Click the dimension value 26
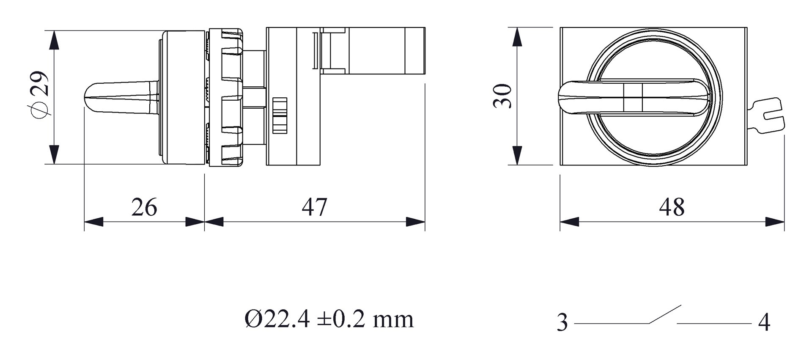(144, 207)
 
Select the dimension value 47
(314, 207)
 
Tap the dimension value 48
(672, 207)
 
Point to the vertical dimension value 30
(503, 96)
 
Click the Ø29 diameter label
(41, 95)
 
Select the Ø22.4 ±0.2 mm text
(329, 319)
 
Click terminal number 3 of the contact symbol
(562, 323)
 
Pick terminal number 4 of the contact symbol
(764, 323)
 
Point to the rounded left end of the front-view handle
(565, 97)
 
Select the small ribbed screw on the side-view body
(280, 115)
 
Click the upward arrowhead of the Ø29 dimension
(54, 40)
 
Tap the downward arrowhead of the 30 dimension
(517, 155)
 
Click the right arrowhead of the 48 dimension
(775, 222)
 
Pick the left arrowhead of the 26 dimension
(93, 222)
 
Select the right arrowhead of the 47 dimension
(415, 222)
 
